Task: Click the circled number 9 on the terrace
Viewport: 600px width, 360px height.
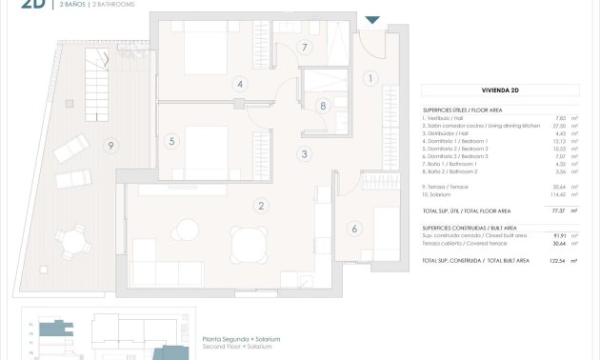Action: (111, 146)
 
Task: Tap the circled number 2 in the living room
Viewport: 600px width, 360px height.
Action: (261, 206)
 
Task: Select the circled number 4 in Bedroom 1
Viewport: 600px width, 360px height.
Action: (241, 84)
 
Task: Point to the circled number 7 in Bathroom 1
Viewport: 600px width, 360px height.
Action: (306, 47)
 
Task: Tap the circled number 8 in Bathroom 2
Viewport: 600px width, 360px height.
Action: (324, 106)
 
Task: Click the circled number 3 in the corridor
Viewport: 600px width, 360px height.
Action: (304, 153)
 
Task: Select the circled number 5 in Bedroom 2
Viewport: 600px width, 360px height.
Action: (171, 142)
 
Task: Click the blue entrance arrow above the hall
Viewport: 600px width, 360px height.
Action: (371, 19)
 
